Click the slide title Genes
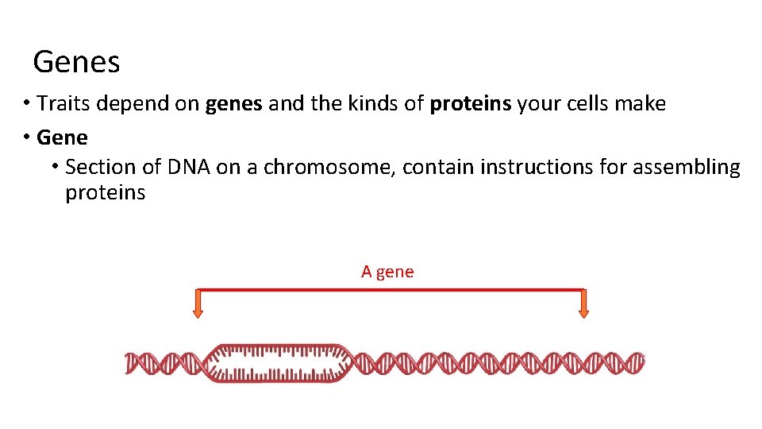pyautogui.click(x=76, y=62)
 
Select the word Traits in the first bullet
pyautogui.click(x=63, y=103)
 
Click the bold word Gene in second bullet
pyautogui.click(x=62, y=137)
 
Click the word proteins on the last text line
pyautogui.click(x=105, y=193)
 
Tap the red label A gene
pyautogui.click(x=387, y=272)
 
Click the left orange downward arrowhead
pyautogui.click(x=198, y=312)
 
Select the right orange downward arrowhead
pyautogui.click(x=583, y=312)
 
